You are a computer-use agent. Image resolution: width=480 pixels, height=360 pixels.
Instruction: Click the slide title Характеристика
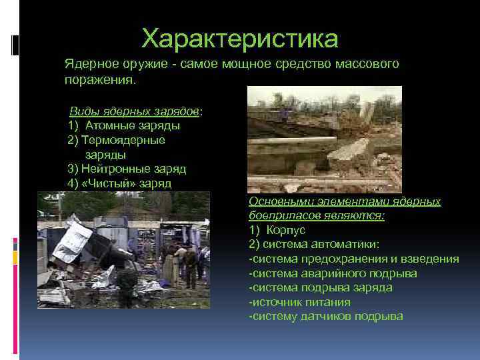pos(240,38)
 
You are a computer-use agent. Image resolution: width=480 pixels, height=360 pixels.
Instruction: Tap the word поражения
pos(99,79)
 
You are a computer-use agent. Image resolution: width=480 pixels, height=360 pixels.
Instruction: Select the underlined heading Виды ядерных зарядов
pos(135,111)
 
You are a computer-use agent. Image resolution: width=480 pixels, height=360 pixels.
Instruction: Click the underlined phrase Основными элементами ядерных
pos(344,201)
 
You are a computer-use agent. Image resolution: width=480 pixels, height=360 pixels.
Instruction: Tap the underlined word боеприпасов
pos(282,215)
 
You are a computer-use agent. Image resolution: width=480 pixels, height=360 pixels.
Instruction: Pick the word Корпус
pos(287,229)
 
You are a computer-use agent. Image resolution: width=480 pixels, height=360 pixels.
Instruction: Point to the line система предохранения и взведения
pos(353,259)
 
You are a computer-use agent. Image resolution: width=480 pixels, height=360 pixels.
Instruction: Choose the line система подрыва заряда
pos(320,287)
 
